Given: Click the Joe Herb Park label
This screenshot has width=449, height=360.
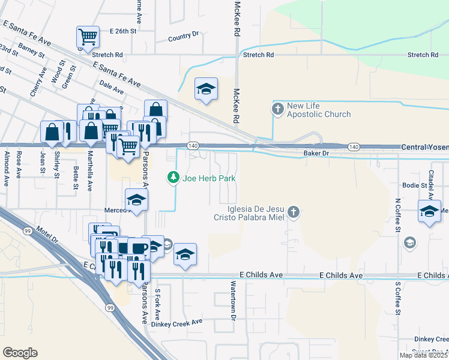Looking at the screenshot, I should click(208, 178).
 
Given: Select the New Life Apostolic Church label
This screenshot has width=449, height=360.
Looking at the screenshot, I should click(318, 110).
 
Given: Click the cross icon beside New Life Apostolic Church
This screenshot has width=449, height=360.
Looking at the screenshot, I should click(277, 109).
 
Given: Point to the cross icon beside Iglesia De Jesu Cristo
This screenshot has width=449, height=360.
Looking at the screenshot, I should click(293, 211).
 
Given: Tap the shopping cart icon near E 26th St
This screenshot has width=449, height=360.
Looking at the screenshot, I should click(88, 37).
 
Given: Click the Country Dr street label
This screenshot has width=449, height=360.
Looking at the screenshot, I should click(183, 37).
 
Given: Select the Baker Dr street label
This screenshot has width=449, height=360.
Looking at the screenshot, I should click(318, 154).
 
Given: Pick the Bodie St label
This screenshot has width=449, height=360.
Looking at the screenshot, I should click(414, 185).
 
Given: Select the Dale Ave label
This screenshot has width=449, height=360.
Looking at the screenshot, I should click(112, 88).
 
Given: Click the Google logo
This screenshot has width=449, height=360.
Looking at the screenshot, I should click(20, 352).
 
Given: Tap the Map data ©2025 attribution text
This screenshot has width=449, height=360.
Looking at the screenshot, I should click(423, 355).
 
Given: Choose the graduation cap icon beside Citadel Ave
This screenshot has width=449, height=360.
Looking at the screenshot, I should click(429, 212).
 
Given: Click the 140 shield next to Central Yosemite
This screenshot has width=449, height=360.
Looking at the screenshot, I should click(354, 146).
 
